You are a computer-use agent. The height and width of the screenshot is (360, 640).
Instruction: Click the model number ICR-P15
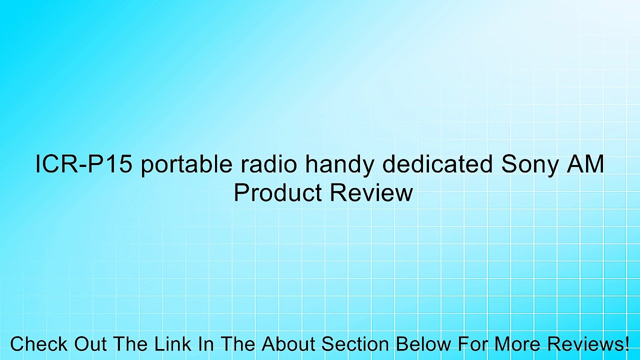83,165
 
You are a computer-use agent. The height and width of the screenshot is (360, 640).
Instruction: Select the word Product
277,193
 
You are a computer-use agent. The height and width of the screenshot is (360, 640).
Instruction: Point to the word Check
39,344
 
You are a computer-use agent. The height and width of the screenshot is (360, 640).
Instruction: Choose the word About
289,344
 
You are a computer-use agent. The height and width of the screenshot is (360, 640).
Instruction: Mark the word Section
354,344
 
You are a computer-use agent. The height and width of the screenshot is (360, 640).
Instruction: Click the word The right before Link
130,344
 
